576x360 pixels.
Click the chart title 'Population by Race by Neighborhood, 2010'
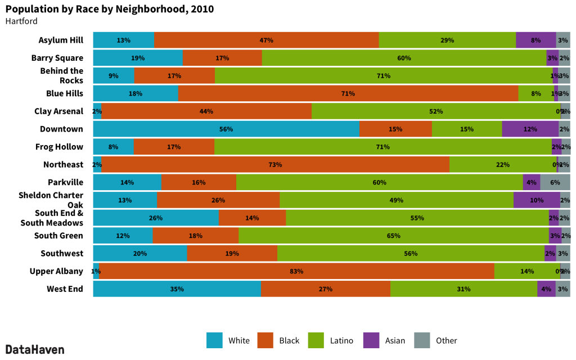(x=110, y=10)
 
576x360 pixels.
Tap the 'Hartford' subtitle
(x=21, y=21)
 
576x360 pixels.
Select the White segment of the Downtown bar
(x=226, y=129)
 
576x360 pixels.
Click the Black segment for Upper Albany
(x=296, y=271)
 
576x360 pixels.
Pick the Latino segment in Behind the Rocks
(x=383, y=76)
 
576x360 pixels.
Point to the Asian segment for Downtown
(x=530, y=129)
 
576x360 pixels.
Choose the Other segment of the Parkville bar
(x=555, y=182)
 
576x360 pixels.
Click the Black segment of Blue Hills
(x=348, y=93)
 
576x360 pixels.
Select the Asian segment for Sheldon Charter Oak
(x=537, y=200)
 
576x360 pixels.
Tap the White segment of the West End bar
(x=177, y=289)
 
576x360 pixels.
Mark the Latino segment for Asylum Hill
(x=447, y=40)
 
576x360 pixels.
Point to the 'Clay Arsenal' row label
(x=58, y=111)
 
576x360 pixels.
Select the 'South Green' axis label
(x=58, y=236)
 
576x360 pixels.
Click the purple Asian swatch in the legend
(x=372, y=340)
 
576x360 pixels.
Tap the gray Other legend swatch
(x=422, y=340)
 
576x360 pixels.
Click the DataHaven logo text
(x=35, y=349)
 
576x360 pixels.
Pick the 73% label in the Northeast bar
(x=275, y=165)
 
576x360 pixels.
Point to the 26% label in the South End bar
(x=156, y=218)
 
